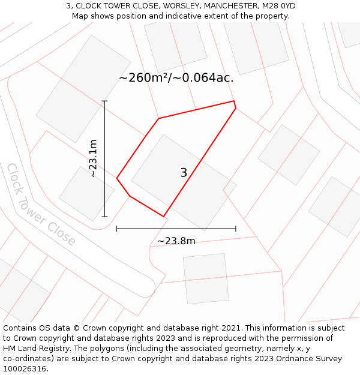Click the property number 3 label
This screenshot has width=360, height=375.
coord(184,173)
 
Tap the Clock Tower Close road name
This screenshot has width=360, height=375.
coord(41,205)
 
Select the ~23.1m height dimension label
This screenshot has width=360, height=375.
coord(93,158)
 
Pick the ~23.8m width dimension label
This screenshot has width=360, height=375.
coord(176,241)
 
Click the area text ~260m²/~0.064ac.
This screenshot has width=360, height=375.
coord(176,78)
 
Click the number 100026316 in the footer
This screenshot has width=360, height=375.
coord(25,369)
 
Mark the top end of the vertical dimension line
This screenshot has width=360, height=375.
coord(104,101)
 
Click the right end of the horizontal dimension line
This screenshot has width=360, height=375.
coord(236,229)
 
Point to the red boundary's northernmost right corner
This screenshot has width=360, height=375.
coord(234,101)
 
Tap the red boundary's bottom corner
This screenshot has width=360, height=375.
coord(163,216)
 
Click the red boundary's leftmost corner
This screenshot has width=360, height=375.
coord(117,178)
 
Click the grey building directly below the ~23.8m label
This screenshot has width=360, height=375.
coord(206,278)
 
